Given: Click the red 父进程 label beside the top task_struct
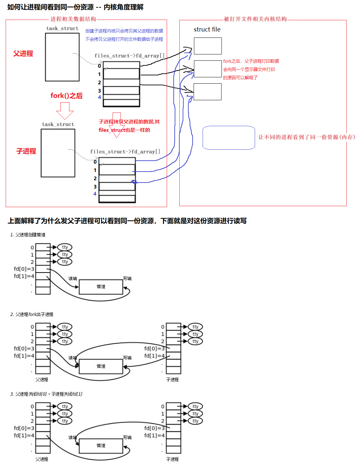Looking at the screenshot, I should coord(23,53).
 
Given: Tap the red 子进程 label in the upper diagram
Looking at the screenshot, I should coord(26,151).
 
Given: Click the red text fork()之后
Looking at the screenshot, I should coord(66,96).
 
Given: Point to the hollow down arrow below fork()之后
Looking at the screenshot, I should coord(65,111).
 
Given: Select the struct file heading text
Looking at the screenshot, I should coord(207,30).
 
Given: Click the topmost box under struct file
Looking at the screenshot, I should coord(208,46).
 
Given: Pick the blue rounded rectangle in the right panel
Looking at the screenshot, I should coord(228,138).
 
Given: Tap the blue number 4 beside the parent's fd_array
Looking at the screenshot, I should coord(99,97).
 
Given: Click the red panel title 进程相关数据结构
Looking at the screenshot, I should coord(73,19).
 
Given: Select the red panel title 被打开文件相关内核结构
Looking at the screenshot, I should coord(255,19).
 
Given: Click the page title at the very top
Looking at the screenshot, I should coord(75,7).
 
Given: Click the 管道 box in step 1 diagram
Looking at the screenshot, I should coord(101,286).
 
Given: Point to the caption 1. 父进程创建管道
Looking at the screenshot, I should coord(28,235).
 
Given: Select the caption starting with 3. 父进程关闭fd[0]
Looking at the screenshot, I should coord(46,394).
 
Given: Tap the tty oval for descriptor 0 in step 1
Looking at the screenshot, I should coord(65,247).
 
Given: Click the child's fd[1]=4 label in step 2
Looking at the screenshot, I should coord(154,356).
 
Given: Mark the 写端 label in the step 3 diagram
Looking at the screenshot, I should coord(127,437).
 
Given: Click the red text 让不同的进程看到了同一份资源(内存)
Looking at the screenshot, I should coord(307,137).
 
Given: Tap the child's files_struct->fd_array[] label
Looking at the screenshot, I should coord(125,152).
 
